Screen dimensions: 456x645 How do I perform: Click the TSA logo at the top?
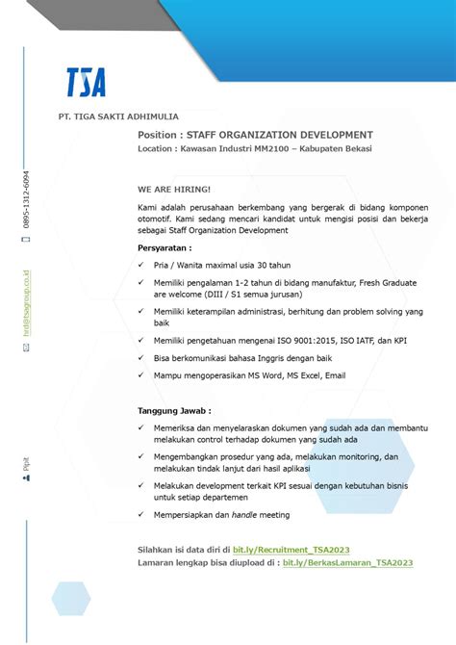(x=86, y=82)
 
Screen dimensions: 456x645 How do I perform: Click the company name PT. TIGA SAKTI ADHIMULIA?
(x=118, y=116)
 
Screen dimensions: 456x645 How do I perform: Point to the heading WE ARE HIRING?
(x=173, y=190)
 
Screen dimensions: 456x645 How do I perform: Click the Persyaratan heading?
(x=171, y=246)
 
